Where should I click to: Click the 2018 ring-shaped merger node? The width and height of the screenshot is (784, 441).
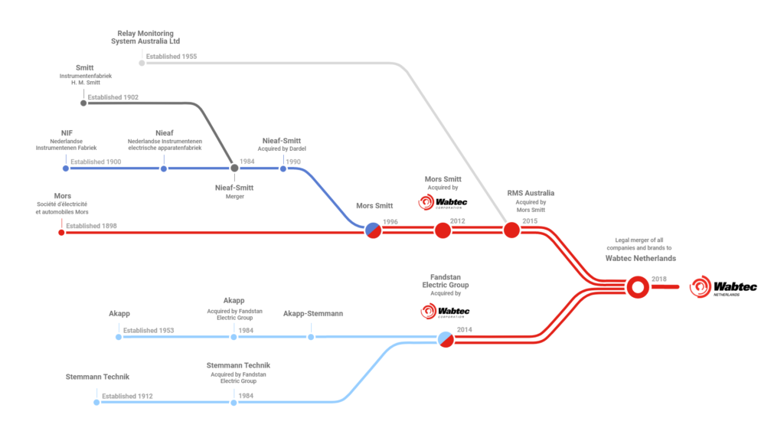click(637, 287)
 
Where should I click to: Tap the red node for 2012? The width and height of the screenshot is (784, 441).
click(443, 230)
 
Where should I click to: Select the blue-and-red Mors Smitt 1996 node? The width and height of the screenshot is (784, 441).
click(373, 230)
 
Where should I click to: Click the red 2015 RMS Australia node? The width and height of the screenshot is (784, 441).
click(511, 230)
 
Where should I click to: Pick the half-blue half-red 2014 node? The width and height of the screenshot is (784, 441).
click(446, 338)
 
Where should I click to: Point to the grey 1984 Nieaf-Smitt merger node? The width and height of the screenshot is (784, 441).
click(234, 168)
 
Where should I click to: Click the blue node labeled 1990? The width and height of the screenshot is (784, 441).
click(283, 168)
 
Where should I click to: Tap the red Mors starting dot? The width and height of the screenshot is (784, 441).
click(62, 231)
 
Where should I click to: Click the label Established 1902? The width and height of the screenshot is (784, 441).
click(113, 97)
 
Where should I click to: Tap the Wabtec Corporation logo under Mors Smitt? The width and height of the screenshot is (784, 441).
click(443, 202)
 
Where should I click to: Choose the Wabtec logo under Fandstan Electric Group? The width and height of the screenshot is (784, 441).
click(445, 311)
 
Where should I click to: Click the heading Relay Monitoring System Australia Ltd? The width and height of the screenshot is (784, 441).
click(145, 38)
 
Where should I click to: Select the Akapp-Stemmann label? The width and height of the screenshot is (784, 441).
click(312, 314)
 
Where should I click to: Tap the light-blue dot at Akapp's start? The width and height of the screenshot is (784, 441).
click(118, 337)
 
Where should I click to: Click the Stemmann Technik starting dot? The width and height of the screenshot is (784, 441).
click(96, 402)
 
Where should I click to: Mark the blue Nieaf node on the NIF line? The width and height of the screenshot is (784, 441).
click(164, 168)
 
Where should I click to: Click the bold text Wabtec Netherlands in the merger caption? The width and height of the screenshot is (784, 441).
click(636, 258)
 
